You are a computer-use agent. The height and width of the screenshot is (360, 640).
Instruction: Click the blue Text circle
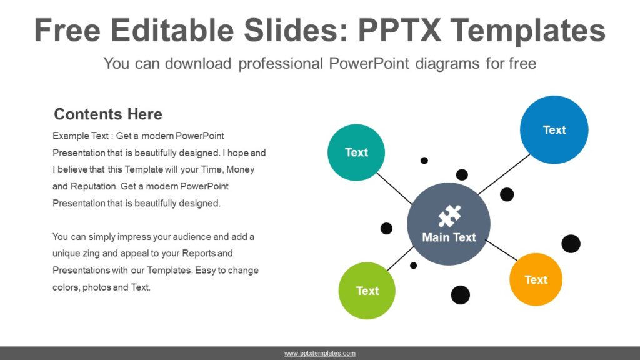point(554,129)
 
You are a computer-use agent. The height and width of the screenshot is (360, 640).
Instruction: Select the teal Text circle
point(356,152)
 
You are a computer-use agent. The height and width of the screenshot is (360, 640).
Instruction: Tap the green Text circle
point(367,291)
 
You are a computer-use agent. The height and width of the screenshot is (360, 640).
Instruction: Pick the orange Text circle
point(536,279)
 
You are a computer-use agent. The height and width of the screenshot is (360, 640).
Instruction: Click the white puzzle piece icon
point(449,216)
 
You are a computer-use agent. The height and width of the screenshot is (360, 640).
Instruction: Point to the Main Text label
point(449,237)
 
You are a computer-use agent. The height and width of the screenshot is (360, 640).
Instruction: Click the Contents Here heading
point(108,114)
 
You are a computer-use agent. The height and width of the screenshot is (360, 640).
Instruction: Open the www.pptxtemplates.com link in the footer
point(320,354)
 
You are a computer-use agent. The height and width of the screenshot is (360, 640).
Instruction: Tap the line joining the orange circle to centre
point(501,250)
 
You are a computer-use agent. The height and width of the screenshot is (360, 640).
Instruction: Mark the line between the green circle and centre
point(401,258)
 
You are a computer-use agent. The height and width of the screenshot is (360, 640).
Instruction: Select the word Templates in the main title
point(528,30)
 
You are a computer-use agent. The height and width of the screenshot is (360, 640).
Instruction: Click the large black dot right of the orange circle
point(571,244)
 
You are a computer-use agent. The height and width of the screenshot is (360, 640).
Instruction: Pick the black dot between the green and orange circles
point(460,294)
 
